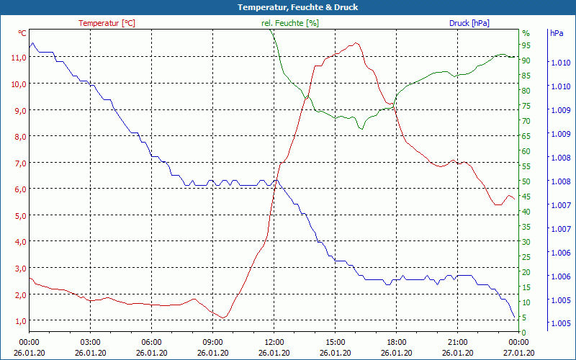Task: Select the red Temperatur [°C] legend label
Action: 107,23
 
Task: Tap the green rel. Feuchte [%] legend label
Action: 290,23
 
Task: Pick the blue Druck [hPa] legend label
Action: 469,23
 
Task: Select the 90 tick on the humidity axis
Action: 526,60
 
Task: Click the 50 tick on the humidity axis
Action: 526,181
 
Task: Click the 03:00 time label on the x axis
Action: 90,342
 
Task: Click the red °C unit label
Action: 22,33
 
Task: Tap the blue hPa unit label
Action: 556,33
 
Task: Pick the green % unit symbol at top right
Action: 526,33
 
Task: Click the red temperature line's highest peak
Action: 356,43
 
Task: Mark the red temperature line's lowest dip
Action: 224,318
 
